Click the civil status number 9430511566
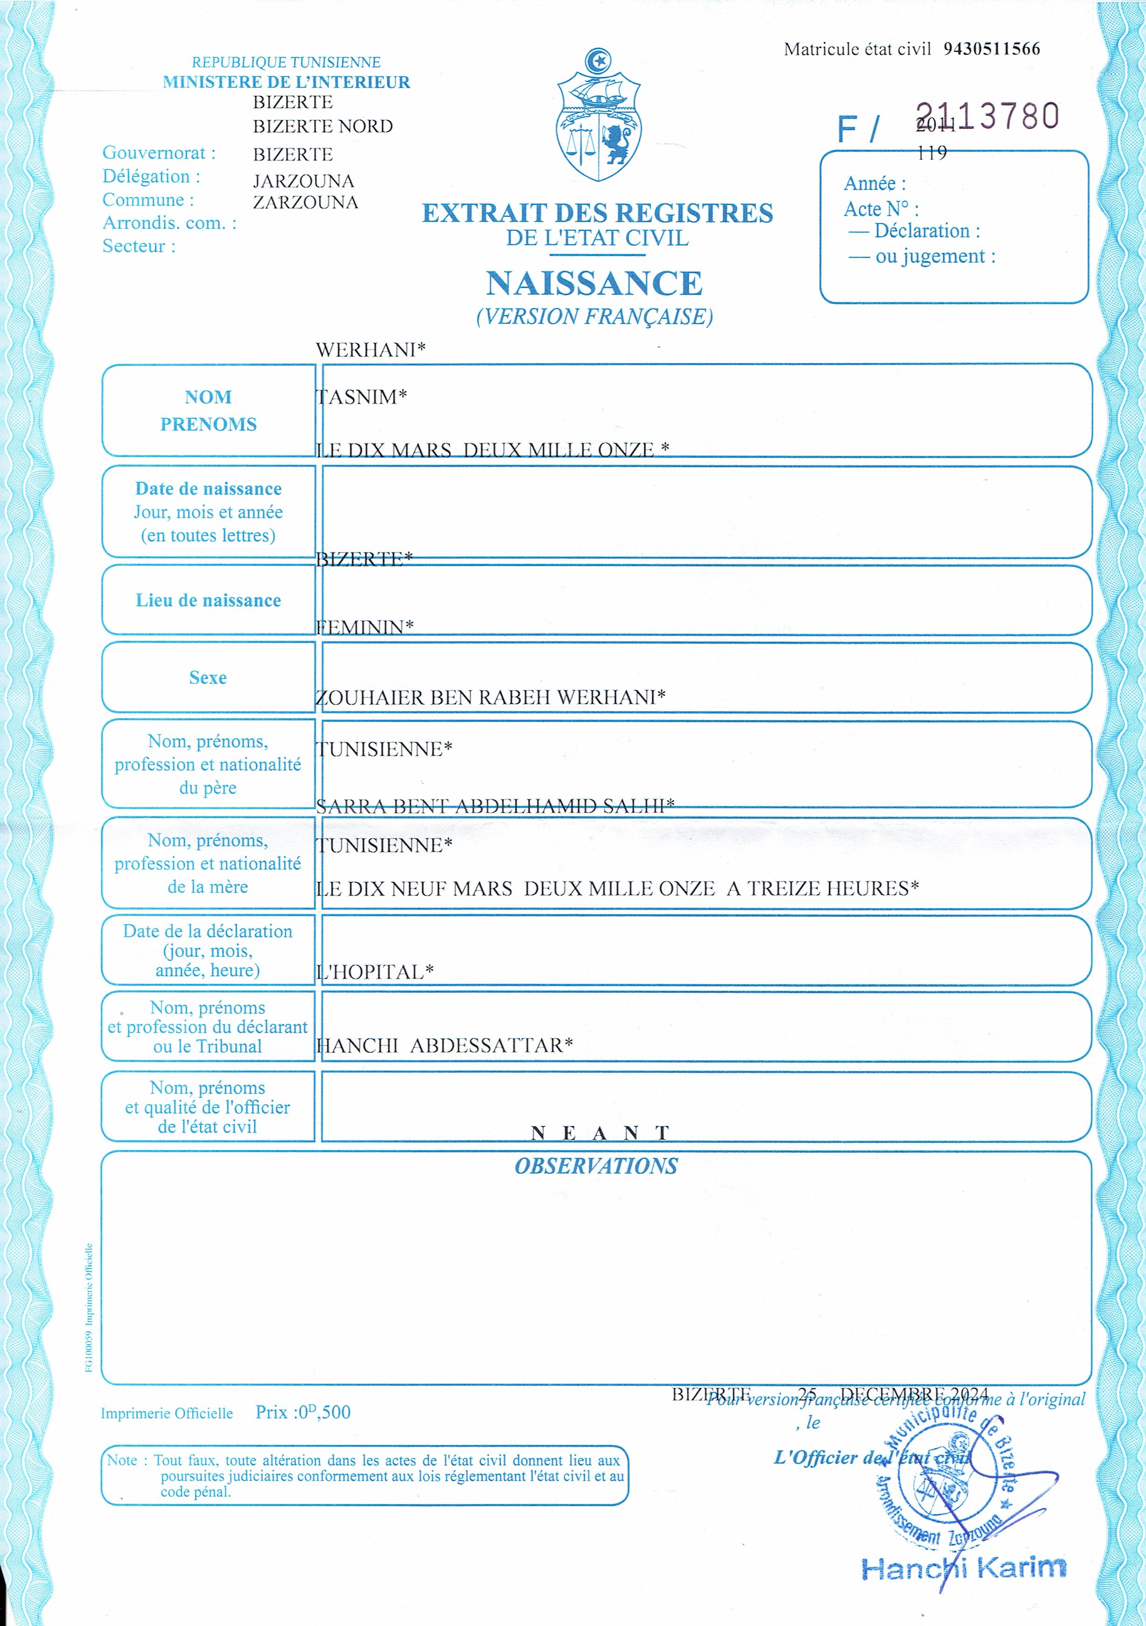pyautogui.click(x=991, y=49)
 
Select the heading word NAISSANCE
pyautogui.click(x=594, y=283)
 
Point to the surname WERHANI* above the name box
pyautogui.click(x=370, y=350)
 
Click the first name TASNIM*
pyautogui.click(x=361, y=397)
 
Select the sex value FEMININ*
pyautogui.click(x=364, y=627)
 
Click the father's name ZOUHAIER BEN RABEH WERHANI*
pyautogui.click(x=490, y=698)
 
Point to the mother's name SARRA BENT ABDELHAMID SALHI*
pyautogui.click(x=495, y=806)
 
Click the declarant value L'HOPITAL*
pyautogui.click(x=374, y=972)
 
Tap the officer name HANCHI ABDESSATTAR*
pyautogui.click(x=444, y=1045)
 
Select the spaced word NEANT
pyautogui.click(x=600, y=1134)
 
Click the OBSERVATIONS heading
pyautogui.click(x=596, y=1166)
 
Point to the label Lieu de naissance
pyautogui.click(x=208, y=601)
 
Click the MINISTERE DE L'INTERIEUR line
pyautogui.click(x=286, y=82)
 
